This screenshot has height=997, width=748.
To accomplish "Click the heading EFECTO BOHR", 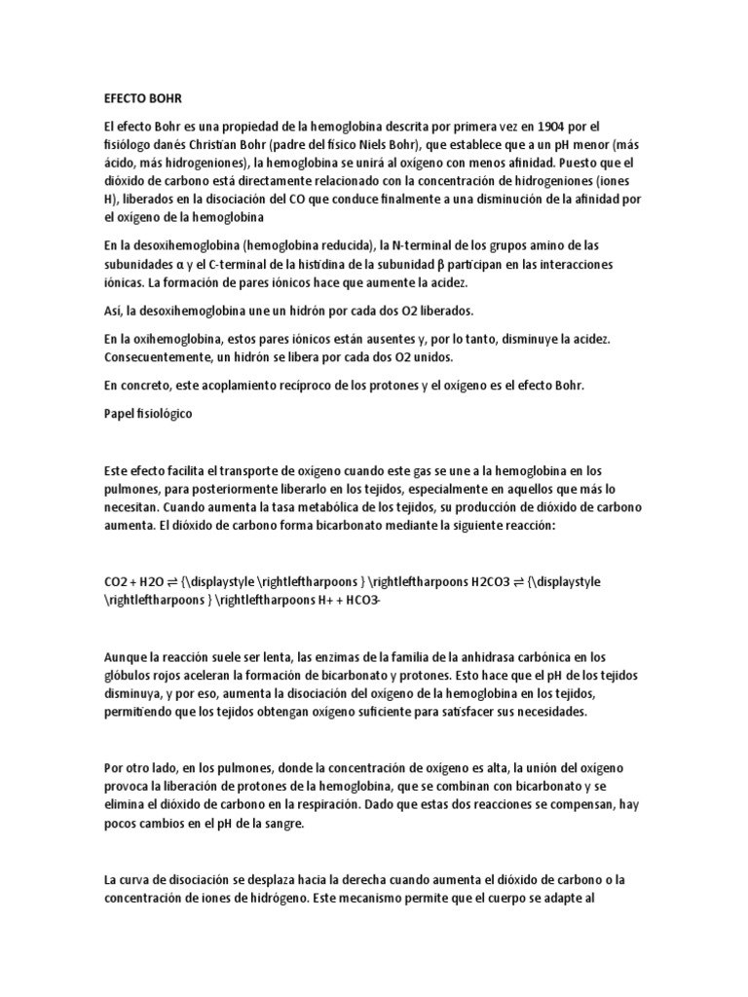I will (142, 98).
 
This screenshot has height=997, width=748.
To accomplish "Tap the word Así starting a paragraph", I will (114, 310).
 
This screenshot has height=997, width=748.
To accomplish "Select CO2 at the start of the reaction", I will (117, 581).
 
